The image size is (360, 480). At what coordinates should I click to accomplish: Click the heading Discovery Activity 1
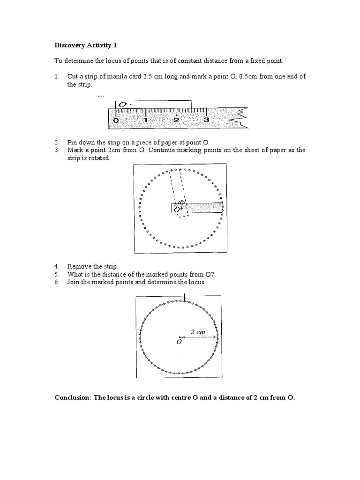pos(85,45)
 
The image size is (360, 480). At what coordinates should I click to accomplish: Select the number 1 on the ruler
pos(146,120)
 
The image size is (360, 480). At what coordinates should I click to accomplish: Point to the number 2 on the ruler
pos(176,120)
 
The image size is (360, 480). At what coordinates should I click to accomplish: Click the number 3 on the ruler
pos(206,120)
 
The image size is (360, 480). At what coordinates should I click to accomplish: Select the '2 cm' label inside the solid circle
pos(198,332)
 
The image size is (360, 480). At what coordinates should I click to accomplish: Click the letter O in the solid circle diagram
pos(179,342)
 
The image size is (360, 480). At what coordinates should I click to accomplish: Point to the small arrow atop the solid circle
pos(186,297)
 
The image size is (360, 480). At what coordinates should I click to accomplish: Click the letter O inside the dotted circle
pos(177,210)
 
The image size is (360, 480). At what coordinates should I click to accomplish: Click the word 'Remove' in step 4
pos(78,266)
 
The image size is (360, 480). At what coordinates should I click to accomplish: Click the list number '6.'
pos(57,283)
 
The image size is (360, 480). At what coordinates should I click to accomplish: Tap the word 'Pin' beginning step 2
pos(72,142)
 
